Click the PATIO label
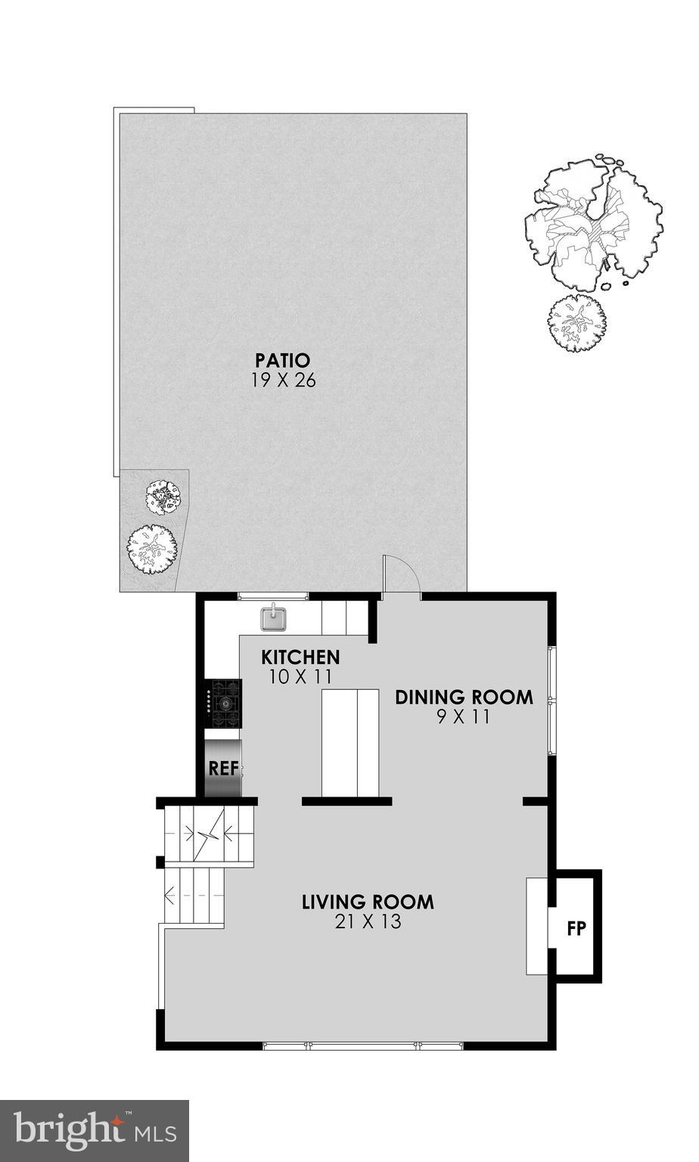pos(282,359)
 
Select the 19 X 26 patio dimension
pos(282,380)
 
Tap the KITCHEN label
pos(300,657)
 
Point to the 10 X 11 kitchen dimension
pos(300,677)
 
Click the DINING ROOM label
pos(464,697)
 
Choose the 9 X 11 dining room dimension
pos(464,717)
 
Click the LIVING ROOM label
pos(368,902)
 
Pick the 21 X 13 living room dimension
pos(368,922)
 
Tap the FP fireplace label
pos(576,928)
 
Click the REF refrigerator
pos(223,769)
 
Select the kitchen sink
pos(273,618)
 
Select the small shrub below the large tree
pos(577,324)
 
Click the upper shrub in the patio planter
pos(164,497)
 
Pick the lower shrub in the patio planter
pos(153,546)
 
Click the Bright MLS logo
pos(94,1130)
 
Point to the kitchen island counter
pos(349,743)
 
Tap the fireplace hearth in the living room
pos(536,926)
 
